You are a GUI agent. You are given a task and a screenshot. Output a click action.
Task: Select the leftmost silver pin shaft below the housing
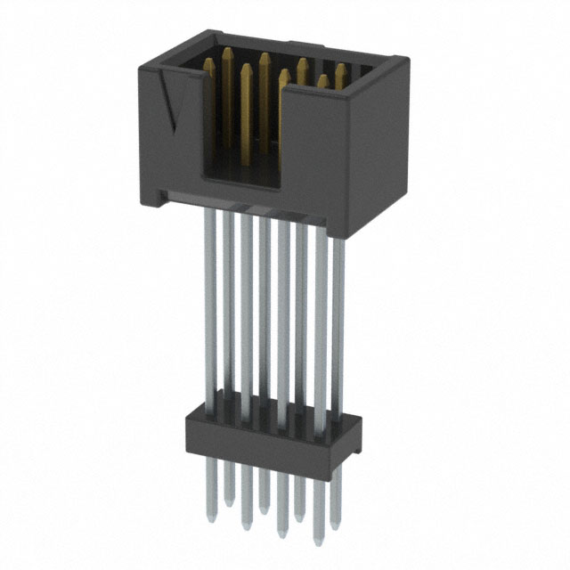[209, 303]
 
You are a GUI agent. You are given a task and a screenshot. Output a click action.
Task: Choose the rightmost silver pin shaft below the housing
[338, 321]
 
